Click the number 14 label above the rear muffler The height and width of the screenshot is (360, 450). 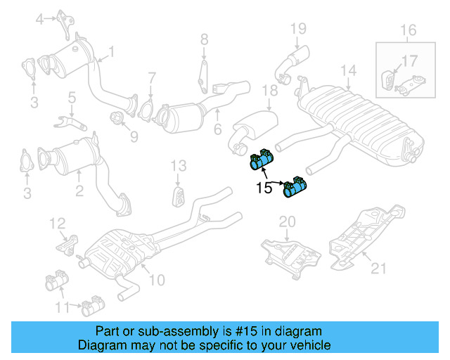pos(349,70)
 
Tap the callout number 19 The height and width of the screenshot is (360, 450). pos(298,29)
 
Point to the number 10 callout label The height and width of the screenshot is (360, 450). pos(156,280)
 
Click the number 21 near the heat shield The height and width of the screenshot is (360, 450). pos(378,267)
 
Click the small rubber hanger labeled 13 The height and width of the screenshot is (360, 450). pos(179,195)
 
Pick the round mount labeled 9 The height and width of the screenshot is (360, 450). pos(116,116)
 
